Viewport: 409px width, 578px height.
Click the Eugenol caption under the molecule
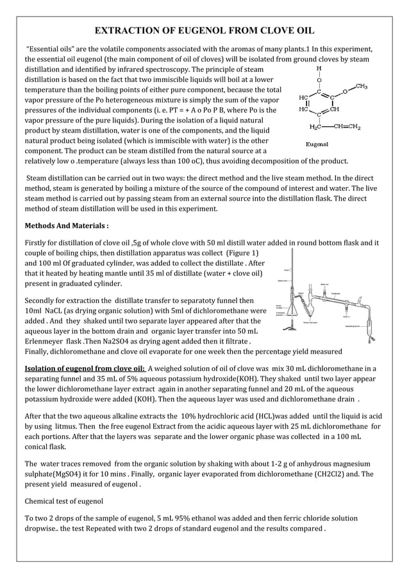[x=317, y=145]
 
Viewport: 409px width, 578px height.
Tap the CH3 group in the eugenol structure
[x=361, y=87]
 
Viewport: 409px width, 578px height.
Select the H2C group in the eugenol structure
[x=316, y=126]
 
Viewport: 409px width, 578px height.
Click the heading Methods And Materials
[x=66, y=226]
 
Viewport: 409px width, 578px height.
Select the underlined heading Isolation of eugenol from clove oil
[x=84, y=368]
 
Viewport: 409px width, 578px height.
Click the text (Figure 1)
[x=236, y=254]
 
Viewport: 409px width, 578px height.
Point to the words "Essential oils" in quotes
[x=51, y=49]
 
